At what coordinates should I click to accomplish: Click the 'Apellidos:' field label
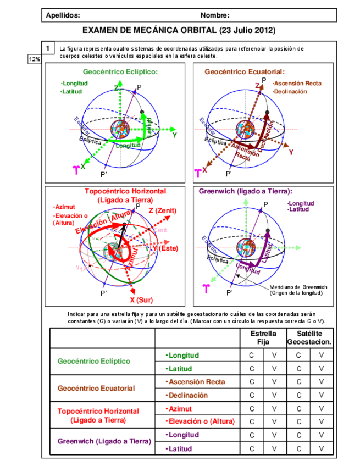coord(63,15)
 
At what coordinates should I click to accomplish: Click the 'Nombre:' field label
coord(215,15)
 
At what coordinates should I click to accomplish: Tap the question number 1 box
coord(48,48)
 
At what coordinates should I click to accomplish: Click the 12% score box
coord(34,59)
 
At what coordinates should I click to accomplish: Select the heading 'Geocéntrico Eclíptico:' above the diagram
coord(120,71)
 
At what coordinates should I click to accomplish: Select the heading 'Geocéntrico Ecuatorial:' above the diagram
coord(245,71)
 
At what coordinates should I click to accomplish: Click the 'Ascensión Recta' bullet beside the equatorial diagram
coord(297,84)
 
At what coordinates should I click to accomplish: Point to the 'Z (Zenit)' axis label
coord(162,210)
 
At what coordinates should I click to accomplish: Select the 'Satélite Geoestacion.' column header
coord(309,337)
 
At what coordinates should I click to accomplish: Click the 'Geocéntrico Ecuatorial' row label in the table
coord(96,388)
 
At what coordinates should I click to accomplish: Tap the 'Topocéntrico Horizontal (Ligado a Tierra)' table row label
coord(98,415)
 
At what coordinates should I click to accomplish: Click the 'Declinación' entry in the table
coord(187,395)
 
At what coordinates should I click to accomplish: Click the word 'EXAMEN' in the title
coord(101,30)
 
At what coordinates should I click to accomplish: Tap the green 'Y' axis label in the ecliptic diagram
coord(174,134)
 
